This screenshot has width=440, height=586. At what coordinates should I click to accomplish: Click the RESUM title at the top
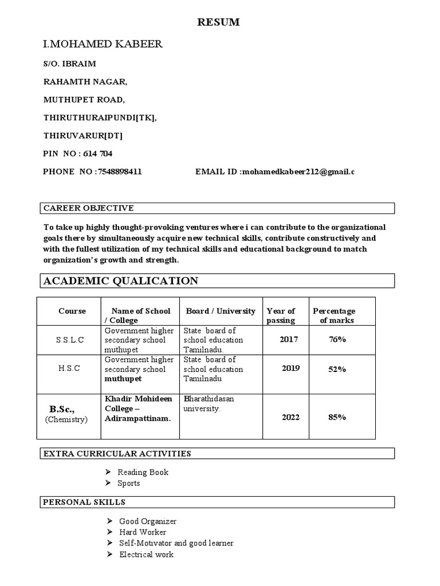coord(218,23)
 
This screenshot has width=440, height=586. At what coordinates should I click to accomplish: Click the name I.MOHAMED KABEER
coord(103,44)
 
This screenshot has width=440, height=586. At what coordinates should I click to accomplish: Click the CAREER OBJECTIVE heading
coord(89,208)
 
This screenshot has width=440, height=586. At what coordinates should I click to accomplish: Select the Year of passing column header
coord(281,315)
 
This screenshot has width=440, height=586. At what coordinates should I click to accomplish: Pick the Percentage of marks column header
coord(334,315)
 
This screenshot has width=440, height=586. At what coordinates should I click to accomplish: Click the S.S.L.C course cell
coord(70,340)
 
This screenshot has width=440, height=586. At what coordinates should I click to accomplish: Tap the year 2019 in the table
coord(290,368)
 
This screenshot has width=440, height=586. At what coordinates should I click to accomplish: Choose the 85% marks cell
coord(337,417)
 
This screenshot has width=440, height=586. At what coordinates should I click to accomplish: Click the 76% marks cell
coord(337,339)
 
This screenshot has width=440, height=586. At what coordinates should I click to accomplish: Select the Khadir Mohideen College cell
coord(138,409)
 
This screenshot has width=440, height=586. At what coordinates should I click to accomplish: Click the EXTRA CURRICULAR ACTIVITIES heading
coord(117,454)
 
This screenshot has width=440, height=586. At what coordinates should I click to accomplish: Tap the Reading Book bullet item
coord(143,473)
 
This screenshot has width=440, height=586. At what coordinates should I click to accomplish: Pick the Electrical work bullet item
coord(146,555)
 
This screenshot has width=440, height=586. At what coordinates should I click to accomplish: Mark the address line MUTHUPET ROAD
coord(84,100)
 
